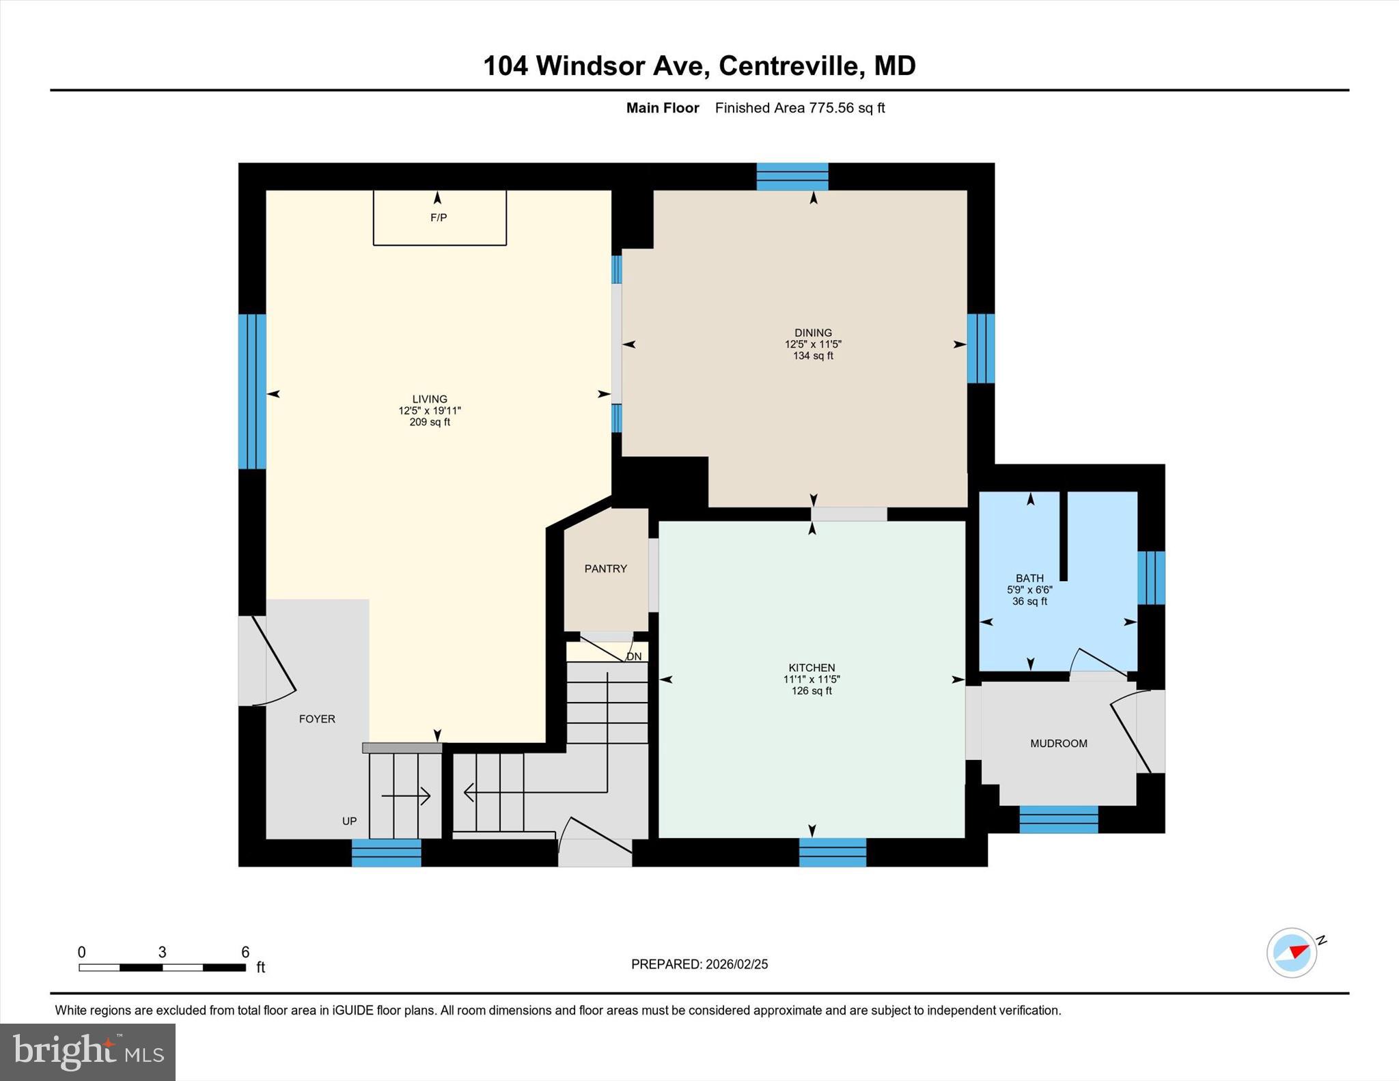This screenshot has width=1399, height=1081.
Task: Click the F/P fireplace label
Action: pyautogui.click(x=439, y=218)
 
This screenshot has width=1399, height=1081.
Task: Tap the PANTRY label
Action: pyautogui.click(x=605, y=569)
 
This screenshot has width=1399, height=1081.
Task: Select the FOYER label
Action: pyautogui.click(x=317, y=719)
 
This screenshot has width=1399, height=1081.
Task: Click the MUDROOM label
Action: pyautogui.click(x=1058, y=744)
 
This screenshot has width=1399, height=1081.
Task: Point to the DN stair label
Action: pyautogui.click(x=634, y=657)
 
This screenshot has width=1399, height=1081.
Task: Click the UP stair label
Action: pyautogui.click(x=349, y=822)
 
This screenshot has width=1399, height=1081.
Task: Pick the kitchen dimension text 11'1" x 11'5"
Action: pyautogui.click(x=812, y=679)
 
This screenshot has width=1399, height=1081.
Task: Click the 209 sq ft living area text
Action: pyautogui.click(x=430, y=423)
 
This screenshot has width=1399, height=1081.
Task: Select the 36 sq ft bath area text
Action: pyautogui.click(x=1029, y=602)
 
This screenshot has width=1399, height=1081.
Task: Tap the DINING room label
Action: pyautogui.click(x=813, y=333)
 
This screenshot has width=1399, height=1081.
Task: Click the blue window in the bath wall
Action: pyautogui.click(x=1151, y=578)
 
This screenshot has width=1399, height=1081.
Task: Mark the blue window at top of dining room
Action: pyautogui.click(x=792, y=176)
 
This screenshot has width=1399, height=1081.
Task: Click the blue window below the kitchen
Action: pyautogui.click(x=833, y=852)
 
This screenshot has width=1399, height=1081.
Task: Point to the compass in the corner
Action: pyautogui.click(x=1292, y=952)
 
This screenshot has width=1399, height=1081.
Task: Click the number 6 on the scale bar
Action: pyautogui.click(x=245, y=952)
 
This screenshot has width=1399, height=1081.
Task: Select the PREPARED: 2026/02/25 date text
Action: pyautogui.click(x=699, y=964)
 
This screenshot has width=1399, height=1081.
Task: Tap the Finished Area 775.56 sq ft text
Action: pyautogui.click(x=799, y=108)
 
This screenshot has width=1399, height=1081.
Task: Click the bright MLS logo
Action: pyautogui.click(x=87, y=1052)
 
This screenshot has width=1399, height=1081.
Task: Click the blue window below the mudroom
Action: pyautogui.click(x=1058, y=819)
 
